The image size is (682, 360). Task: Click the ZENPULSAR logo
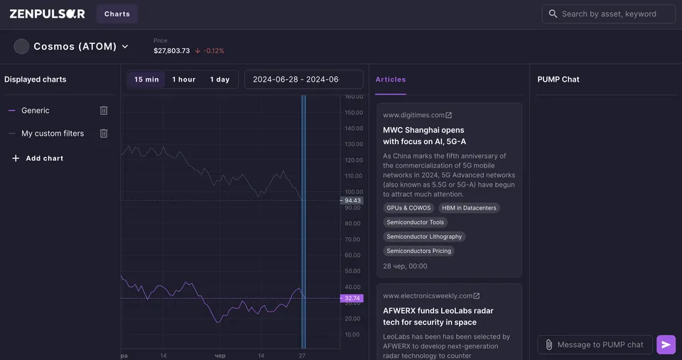pos(47,14)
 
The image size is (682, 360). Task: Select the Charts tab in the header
pos(117,14)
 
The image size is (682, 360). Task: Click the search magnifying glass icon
pos(553,14)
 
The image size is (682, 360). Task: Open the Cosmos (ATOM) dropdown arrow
pos(125,47)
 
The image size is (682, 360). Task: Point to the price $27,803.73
pos(172,51)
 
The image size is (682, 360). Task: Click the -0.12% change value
pos(214,51)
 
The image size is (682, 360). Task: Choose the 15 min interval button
pos(146,80)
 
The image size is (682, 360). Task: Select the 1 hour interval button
pos(183,80)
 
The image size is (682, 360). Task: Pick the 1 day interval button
pos(220,80)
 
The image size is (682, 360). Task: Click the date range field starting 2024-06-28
pos(303,80)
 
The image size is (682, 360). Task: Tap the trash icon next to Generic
pos(104,111)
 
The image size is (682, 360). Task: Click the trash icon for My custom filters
pos(104,133)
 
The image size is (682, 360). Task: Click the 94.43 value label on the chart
pos(352,200)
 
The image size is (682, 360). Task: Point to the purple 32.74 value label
pos(352,298)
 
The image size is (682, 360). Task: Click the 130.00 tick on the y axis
pos(354,144)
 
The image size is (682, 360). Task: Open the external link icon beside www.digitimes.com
pos(448,115)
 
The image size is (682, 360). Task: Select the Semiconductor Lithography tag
pos(424,236)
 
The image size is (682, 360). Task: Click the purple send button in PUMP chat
pos(666,345)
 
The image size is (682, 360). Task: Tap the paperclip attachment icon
pos(549,345)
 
